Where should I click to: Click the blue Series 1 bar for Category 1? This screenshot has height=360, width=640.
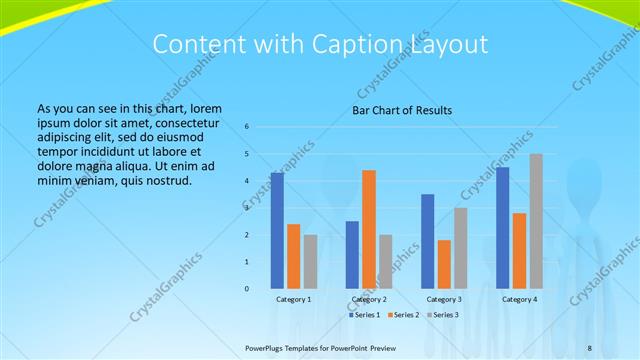click(x=277, y=231)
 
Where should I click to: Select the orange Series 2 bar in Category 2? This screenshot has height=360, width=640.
click(x=369, y=229)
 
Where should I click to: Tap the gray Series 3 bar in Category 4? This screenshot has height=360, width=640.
click(x=536, y=221)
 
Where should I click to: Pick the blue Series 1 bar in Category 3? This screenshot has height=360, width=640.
click(x=427, y=241)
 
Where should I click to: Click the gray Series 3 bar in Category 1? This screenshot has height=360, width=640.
click(x=310, y=261)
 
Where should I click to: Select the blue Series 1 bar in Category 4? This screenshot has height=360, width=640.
click(x=502, y=227)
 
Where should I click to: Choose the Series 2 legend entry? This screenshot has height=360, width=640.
click(x=404, y=315)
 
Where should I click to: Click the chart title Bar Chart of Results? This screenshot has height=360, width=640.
click(x=402, y=110)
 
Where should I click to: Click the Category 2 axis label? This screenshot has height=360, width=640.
click(x=369, y=300)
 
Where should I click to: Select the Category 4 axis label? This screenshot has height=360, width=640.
click(x=519, y=300)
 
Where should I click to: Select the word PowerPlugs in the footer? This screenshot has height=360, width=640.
click(x=266, y=349)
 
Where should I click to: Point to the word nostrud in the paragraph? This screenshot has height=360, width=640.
click(x=166, y=180)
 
